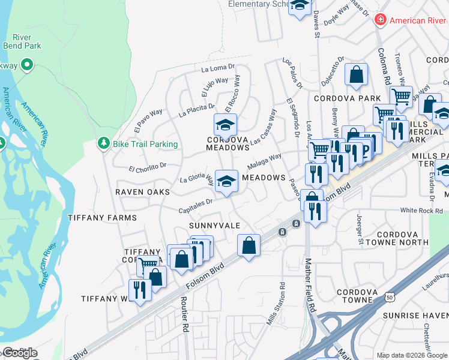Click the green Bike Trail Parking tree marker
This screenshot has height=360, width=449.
[104, 144]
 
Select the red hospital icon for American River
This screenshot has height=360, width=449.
[379, 20]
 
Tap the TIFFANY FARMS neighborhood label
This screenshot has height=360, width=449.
[102, 218]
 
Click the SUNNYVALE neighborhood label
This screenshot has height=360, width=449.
[214, 226]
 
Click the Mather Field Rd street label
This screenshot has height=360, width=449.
[310, 284]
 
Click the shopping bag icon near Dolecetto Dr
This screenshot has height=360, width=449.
[356, 75]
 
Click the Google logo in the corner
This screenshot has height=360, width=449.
[20, 353]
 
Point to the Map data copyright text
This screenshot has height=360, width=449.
[412, 355]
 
